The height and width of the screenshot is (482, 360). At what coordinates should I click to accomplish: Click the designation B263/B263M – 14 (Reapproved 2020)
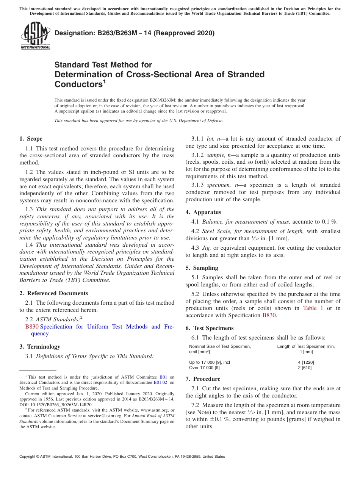pyautogui.click(x=135, y=33)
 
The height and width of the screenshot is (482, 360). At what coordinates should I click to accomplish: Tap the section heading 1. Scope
pyautogui.click(x=31, y=139)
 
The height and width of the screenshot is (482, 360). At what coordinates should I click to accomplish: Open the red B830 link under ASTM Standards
pyautogui.click(x=32, y=327)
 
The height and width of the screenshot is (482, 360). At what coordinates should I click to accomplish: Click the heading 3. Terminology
pyautogui.click(x=40, y=347)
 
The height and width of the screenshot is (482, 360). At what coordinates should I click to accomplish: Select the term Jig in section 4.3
pyautogui.click(x=207, y=248)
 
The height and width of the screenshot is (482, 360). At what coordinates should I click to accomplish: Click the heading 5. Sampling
pyautogui.click(x=202, y=268)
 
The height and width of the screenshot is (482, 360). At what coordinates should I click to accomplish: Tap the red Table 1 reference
pyautogui.click(x=313, y=308)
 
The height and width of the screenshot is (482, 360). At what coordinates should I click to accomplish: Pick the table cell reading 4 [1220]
pyautogui.click(x=306, y=362)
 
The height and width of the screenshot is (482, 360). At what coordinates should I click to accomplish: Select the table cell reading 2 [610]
pyautogui.click(x=306, y=368)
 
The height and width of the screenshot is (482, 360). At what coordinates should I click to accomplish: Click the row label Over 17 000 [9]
pyautogui.click(x=204, y=368)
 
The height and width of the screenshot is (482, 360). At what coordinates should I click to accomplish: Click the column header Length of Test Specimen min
pyautogui.click(x=306, y=346)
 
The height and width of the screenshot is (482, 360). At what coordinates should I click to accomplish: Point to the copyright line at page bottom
pyautogui.click(x=122, y=457)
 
